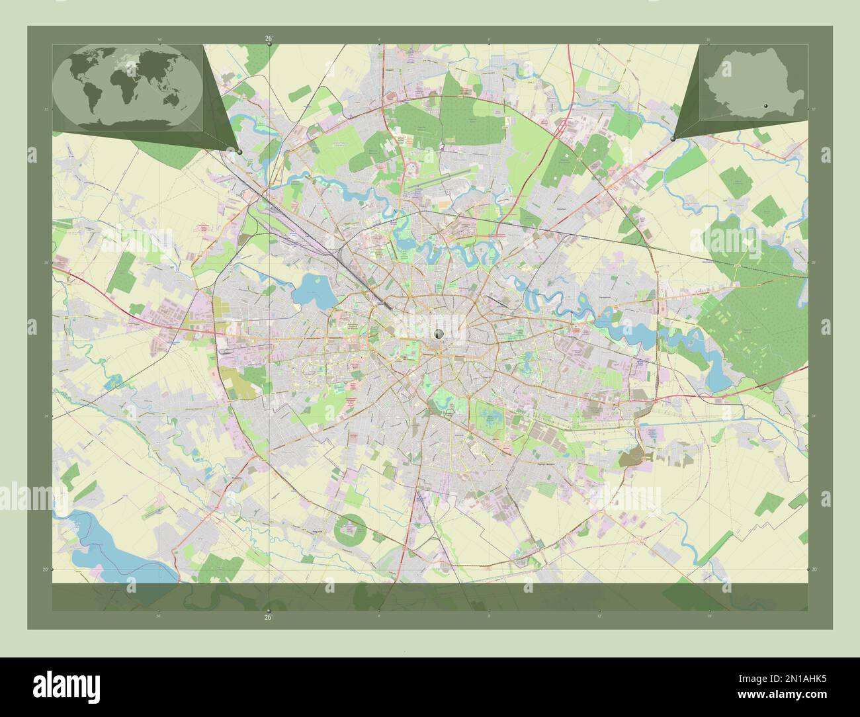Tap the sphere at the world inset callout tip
pyautogui.click(x=239, y=151)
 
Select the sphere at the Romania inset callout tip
pyautogui.click(x=673, y=139)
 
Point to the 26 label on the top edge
pyautogui.click(x=268, y=38)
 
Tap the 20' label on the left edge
pyautogui.click(x=45, y=569)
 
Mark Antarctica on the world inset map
pyautogui.click(x=126, y=123)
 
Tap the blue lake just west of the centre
pyautogui.click(x=312, y=289)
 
